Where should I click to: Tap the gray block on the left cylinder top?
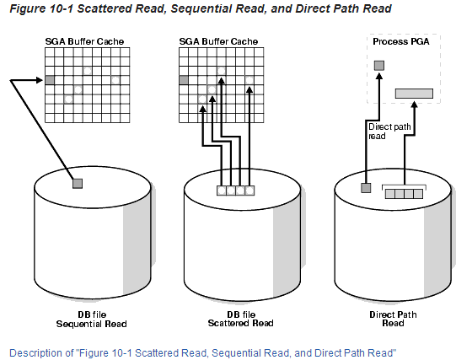(x=78, y=183)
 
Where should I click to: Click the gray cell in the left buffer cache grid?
(x=50, y=80)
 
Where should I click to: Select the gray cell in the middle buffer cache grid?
(x=185, y=80)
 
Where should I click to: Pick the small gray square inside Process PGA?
(x=379, y=65)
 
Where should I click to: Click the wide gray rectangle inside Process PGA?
(x=414, y=92)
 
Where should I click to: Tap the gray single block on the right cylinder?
(x=366, y=187)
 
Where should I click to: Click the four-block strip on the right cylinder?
(x=405, y=194)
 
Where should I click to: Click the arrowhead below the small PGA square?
(x=379, y=76)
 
